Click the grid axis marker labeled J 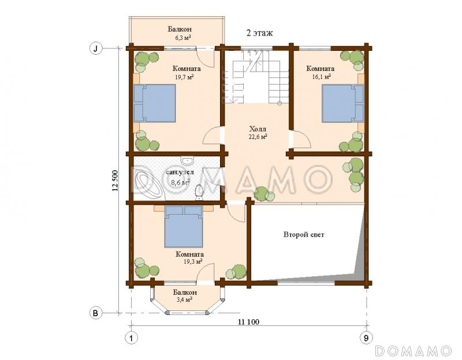click(95, 48)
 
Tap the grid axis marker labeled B click(95, 313)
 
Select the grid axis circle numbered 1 click(132, 338)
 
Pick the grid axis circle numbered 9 click(366, 338)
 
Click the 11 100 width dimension click(248, 322)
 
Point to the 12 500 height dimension click(115, 181)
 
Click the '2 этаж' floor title click(259, 33)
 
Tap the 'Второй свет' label click(304, 235)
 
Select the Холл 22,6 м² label click(258, 133)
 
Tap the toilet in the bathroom click(199, 192)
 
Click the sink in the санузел click(187, 160)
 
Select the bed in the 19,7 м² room click(155, 103)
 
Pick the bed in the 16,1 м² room click(342, 103)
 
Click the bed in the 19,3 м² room click(184, 226)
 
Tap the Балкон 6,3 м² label click(180, 33)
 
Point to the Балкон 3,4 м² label click(185, 296)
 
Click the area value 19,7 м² click(184, 77)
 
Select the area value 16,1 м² click(321, 77)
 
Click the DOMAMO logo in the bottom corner click(413, 351)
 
